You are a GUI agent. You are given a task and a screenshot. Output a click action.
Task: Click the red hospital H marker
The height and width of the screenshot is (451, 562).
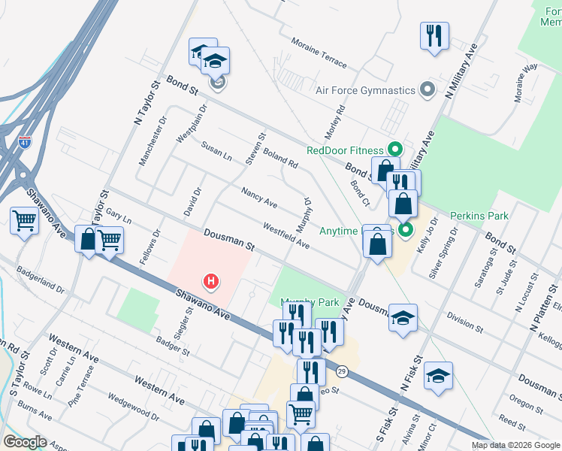click(212, 282)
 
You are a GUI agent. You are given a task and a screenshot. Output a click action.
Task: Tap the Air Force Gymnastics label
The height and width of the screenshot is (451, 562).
click(365, 90)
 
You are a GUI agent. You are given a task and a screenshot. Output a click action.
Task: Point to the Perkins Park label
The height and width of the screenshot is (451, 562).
click(479, 216)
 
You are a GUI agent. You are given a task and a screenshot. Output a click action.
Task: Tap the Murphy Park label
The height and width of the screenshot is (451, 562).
click(310, 303)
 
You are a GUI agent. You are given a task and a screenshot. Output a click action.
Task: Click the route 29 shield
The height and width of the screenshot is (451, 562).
click(342, 371)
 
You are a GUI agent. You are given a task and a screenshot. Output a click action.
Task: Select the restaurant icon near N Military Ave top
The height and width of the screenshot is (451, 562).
click(434, 35)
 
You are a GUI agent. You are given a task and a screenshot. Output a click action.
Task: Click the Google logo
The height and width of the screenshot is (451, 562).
click(25, 441)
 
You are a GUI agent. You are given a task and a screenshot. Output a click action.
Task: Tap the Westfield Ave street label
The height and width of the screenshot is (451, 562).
click(286, 235)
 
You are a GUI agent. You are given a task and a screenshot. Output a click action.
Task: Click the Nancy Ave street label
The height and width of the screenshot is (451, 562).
click(259, 198)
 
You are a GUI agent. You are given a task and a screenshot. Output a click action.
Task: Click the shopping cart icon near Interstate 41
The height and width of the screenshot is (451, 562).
click(24, 221)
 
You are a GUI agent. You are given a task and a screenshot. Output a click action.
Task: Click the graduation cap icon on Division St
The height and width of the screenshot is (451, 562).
click(402, 318)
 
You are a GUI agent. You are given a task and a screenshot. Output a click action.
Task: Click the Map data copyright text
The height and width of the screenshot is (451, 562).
click(515, 445)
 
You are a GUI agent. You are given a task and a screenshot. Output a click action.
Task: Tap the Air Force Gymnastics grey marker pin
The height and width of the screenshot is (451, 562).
click(428, 90)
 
